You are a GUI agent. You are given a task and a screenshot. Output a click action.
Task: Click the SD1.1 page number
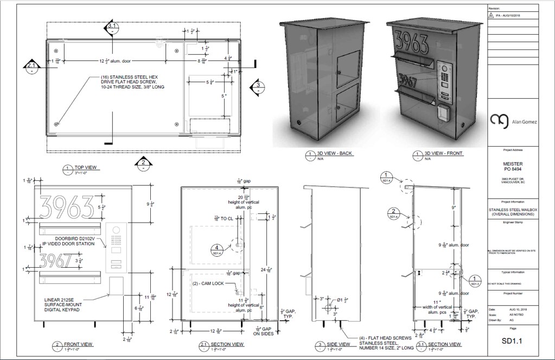pos(513,340)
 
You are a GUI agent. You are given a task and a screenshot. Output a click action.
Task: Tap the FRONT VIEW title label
pos(79,344)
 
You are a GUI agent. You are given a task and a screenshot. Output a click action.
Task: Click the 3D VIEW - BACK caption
pos(334,153)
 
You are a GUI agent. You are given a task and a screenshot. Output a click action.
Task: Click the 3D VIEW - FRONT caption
pos(443,153)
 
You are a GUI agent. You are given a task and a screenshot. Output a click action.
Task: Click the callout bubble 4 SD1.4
pos(216,249)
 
